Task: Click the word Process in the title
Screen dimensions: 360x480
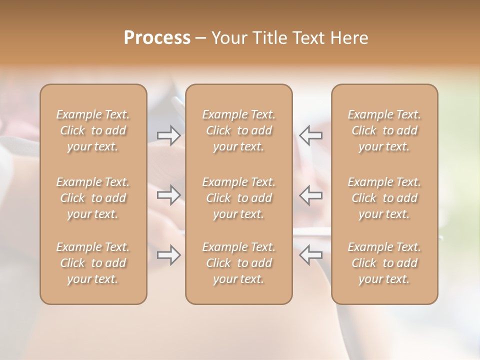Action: pos(157,38)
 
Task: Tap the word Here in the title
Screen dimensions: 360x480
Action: pos(348,38)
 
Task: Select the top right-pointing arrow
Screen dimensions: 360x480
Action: pos(168,135)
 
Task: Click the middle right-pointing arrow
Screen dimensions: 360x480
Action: pos(168,194)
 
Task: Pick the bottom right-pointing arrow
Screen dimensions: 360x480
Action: pos(168,255)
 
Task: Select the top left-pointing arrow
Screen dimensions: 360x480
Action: pos(310,135)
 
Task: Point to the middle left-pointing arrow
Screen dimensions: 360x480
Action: pos(310,194)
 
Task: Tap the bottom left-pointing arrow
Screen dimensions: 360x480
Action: pos(310,255)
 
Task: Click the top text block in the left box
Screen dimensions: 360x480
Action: pos(93,130)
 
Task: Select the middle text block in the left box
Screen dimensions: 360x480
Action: pos(93,198)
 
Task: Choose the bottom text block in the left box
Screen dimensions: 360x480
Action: pos(93,263)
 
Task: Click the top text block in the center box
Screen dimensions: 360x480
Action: pos(238,130)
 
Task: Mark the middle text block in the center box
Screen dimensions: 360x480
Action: pos(238,198)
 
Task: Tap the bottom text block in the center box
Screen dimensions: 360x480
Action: pos(238,263)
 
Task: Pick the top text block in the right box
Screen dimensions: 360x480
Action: pos(384,130)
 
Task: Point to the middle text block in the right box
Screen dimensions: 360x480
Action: pos(384,198)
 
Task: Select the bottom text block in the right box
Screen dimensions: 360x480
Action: pos(384,263)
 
